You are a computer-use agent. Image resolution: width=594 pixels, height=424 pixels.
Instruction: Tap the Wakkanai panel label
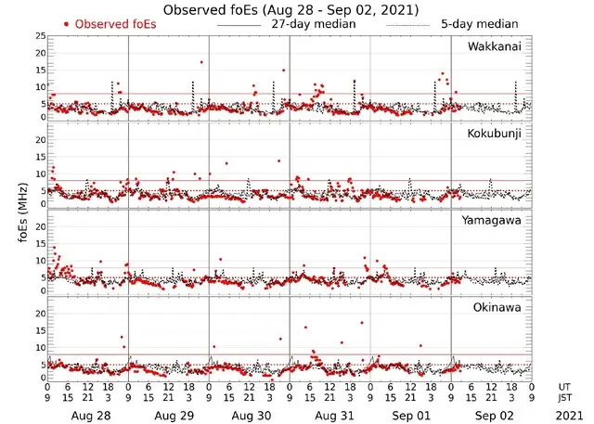pos(495,46)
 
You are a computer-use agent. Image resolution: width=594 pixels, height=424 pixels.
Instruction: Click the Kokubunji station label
pos(495,134)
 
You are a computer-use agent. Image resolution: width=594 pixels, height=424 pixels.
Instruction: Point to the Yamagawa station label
pos(496,220)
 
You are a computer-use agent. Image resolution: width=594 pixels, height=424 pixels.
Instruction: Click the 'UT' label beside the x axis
pos(565,386)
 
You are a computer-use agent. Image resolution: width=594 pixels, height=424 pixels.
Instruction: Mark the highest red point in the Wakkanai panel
pos(200,62)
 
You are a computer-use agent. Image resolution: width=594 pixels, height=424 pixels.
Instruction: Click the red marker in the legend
pos(66,23)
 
